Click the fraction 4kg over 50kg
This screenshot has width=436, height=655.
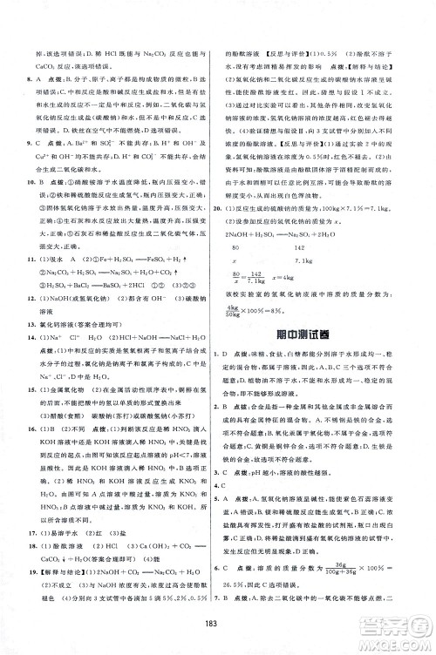[255, 312]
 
